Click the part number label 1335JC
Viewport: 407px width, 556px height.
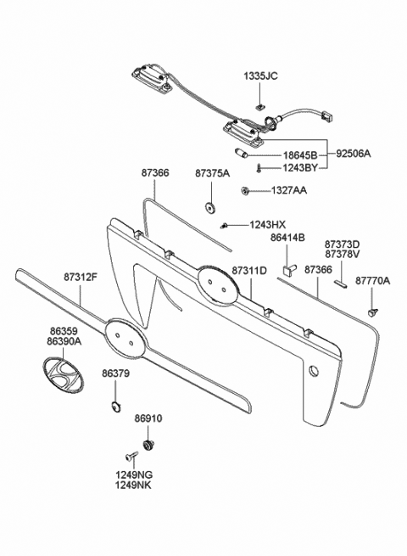(260, 76)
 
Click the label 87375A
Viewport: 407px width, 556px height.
(212, 173)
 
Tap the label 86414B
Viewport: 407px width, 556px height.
(287, 239)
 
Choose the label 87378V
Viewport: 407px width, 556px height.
(343, 254)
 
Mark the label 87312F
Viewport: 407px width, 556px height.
(81, 276)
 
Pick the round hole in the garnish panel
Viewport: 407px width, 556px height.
(315, 370)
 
